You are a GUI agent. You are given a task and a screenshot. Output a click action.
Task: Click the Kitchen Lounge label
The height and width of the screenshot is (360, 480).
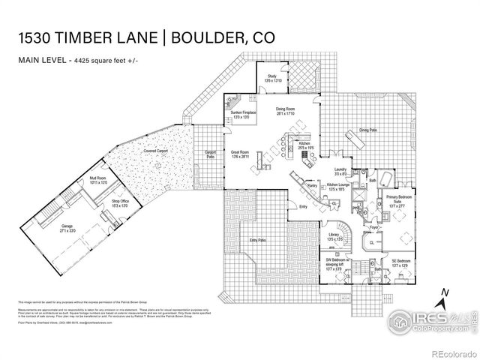[340, 187]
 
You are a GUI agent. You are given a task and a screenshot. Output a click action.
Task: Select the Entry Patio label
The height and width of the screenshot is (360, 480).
[257, 240]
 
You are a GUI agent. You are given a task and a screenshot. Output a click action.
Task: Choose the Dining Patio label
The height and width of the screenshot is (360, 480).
[367, 129]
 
